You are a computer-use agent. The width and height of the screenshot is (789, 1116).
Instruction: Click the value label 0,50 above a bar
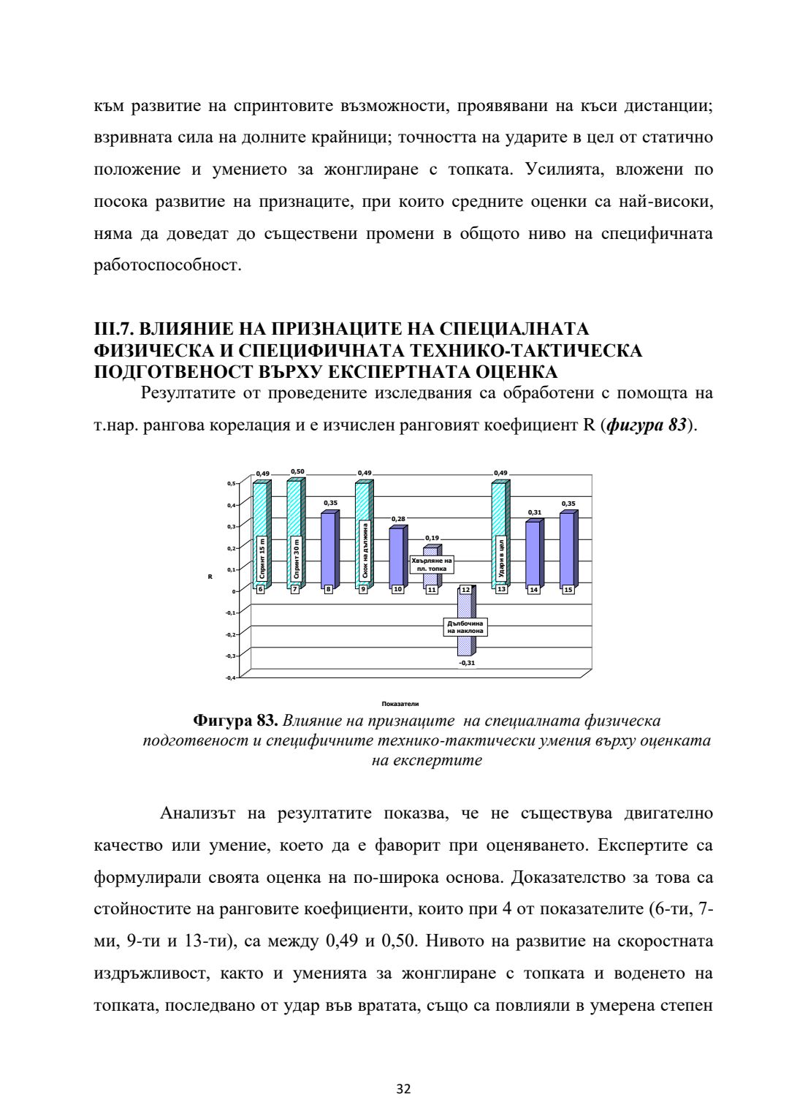tap(298, 472)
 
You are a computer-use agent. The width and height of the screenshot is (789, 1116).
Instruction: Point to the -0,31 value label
tap(467, 663)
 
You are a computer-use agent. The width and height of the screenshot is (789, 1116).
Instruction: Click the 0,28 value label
tap(398, 519)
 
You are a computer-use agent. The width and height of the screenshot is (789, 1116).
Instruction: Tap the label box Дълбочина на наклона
tap(465, 626)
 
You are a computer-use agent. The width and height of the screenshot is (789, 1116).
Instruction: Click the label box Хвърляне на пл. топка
tap(432, 563)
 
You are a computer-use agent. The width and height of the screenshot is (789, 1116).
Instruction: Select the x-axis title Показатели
tap(400, 704)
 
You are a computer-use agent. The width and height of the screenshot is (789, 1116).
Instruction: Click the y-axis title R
tap(210, 577)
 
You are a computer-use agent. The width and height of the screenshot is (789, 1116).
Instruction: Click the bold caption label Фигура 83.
tap(235, 721)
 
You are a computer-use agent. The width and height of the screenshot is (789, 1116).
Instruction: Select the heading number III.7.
tap(115, 330)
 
